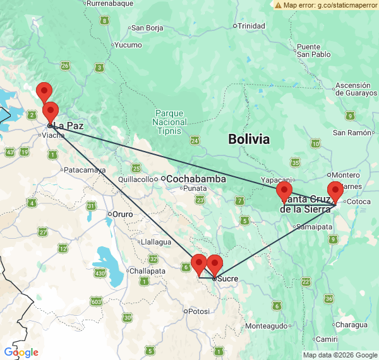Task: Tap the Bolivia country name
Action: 249,140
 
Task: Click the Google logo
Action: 21,352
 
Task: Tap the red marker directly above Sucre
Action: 215,264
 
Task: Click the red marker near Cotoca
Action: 335,191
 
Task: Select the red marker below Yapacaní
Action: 284,192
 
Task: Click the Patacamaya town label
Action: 82,170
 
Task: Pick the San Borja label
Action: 147,28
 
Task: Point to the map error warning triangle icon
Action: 278,5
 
